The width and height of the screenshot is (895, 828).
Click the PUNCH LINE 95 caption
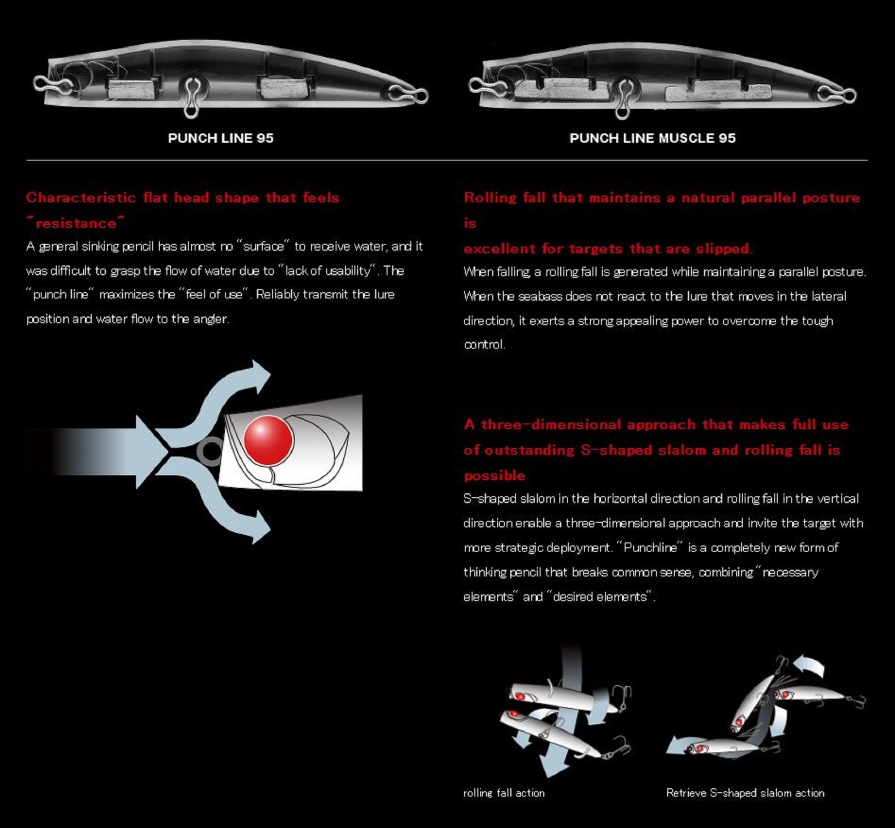pyautogui.click(x=220, y=138)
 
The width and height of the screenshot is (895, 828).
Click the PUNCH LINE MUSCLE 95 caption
pyautogui.click(x=652, y=138)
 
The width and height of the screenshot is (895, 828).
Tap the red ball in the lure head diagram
pyautogui.click(x=268, y=440)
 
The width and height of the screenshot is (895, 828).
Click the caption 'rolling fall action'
pyautogui.click(x=504, y=793)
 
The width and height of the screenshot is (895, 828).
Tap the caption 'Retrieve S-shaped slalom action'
pyautogui.click(x=746, y=793)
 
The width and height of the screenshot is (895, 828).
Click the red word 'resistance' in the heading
pyautogui.click(x=76, y=223)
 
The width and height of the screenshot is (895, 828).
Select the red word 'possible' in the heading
pyautogui.click(x=494, y=476)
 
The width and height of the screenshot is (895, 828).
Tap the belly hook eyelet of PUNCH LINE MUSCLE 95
pyautogui.click(x=622, y=99)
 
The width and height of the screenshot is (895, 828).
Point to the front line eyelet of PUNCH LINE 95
pyautogui.click(x=53, y=82)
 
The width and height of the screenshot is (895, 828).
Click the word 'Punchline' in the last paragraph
pyautogui.click(x=650, y=547)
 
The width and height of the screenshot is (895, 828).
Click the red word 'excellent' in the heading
pyautogui.click(x=499, y=249)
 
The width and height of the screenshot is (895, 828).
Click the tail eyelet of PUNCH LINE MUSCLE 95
pyautogui.click(x=837, y=94)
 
